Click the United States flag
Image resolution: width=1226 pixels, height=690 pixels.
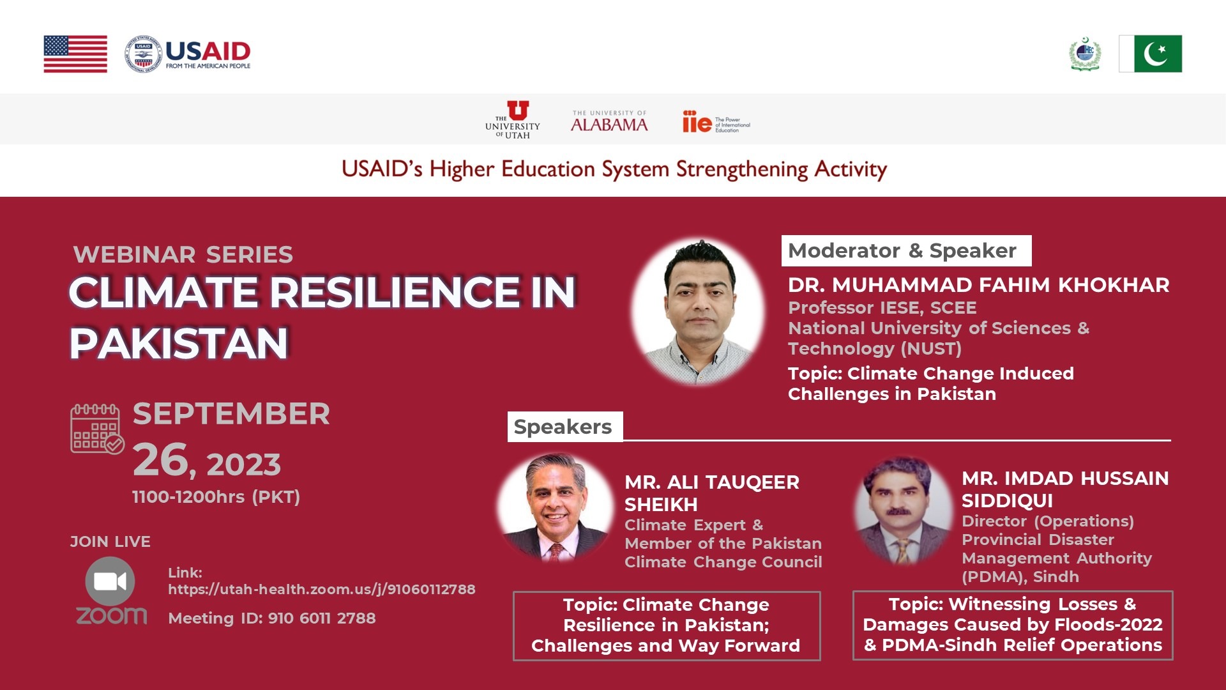click(75, 54)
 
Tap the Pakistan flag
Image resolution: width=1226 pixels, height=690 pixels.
click(1150, 54)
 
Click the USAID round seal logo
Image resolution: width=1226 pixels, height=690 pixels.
click(143, 54)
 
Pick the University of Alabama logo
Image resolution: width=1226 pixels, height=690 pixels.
click(609, 121)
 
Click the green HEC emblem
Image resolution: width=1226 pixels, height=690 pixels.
click(1085, 54)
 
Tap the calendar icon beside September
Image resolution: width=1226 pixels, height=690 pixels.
click(97, 429)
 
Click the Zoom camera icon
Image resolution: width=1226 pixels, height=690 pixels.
click(110, 581)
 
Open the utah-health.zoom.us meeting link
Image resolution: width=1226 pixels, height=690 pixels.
click(322, 589)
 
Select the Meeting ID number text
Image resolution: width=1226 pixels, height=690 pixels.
click(322, 618)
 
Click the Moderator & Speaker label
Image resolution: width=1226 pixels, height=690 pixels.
click(902, 250)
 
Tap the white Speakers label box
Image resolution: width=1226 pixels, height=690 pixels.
click(564, 427)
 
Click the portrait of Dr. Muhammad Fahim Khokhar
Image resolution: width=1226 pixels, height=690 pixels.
click(699, 312)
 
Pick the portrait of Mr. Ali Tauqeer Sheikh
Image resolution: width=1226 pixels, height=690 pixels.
click(555, 508)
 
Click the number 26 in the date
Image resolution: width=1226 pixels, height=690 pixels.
click(161, 460)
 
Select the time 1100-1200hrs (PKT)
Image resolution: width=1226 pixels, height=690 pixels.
click(216, 497)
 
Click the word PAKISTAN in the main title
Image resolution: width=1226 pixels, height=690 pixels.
click(179, 344)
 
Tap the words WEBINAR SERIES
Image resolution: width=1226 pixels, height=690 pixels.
click(183, 254)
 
